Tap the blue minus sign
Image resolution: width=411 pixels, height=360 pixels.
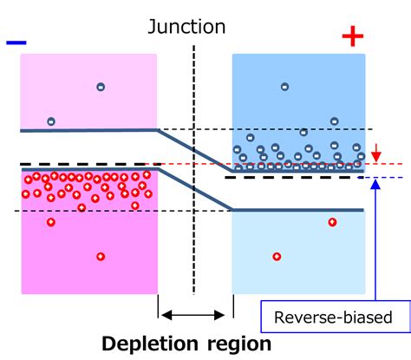pos(15,40)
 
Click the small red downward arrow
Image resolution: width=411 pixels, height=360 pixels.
pos(375,155)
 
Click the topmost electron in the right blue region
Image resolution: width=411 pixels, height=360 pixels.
pos(284,86)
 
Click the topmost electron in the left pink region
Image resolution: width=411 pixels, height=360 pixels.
pos(101,86)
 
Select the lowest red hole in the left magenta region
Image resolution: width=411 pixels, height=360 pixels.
pos(101,257)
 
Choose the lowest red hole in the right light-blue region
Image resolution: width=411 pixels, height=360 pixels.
pos(277,257)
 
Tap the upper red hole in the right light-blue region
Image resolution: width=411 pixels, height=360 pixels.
pos(332,223)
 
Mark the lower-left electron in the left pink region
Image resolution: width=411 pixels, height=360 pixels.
pos(51,121)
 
